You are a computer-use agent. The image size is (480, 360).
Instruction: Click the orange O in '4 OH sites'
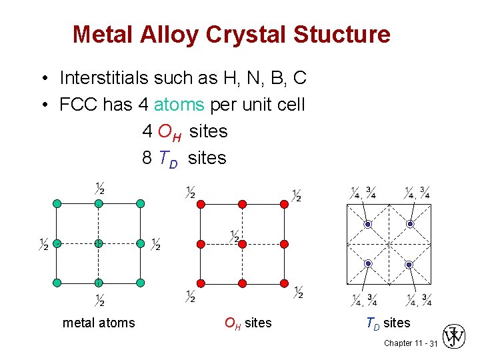click(x=165, y=131)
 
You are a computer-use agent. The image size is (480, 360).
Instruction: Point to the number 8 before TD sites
click(x=147, y=158)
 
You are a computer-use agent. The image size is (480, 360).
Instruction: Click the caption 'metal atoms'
click(x=99, y=323)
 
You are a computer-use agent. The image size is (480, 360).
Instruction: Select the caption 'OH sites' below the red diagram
click(x=248, y=323)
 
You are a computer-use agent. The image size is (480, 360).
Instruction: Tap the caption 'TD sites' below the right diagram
click(x=387, y=323)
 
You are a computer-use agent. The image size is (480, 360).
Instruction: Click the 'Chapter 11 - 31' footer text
click(x=410, y=343)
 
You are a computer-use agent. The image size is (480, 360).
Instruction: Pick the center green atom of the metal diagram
click(x=99, y=243)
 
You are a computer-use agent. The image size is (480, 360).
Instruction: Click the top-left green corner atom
click(x=57, y=203)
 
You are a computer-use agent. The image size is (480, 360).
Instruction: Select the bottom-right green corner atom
click(x=140, y=283)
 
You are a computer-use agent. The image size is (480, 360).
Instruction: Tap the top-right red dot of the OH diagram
click(x=284, y=203)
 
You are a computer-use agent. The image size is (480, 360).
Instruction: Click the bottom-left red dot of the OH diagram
click(x=201, y=283)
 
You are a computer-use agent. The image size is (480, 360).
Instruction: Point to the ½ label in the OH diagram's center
click(x=235, y=236)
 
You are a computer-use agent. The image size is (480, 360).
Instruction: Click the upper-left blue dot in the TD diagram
click(x=367, y=225)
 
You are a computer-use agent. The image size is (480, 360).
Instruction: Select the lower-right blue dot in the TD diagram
click(x=409, y=265)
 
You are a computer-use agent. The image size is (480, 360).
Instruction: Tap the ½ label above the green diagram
click(x=100, y=188)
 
